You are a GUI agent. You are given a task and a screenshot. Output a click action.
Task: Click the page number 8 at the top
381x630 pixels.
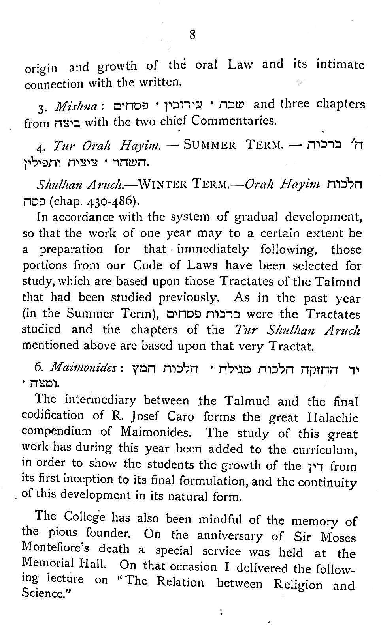[x=192, y=35]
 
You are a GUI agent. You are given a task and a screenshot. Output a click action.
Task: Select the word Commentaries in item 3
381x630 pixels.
[x=234, y=120]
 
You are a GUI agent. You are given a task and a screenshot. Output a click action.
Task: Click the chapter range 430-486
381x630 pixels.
[x=115, y=202]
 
